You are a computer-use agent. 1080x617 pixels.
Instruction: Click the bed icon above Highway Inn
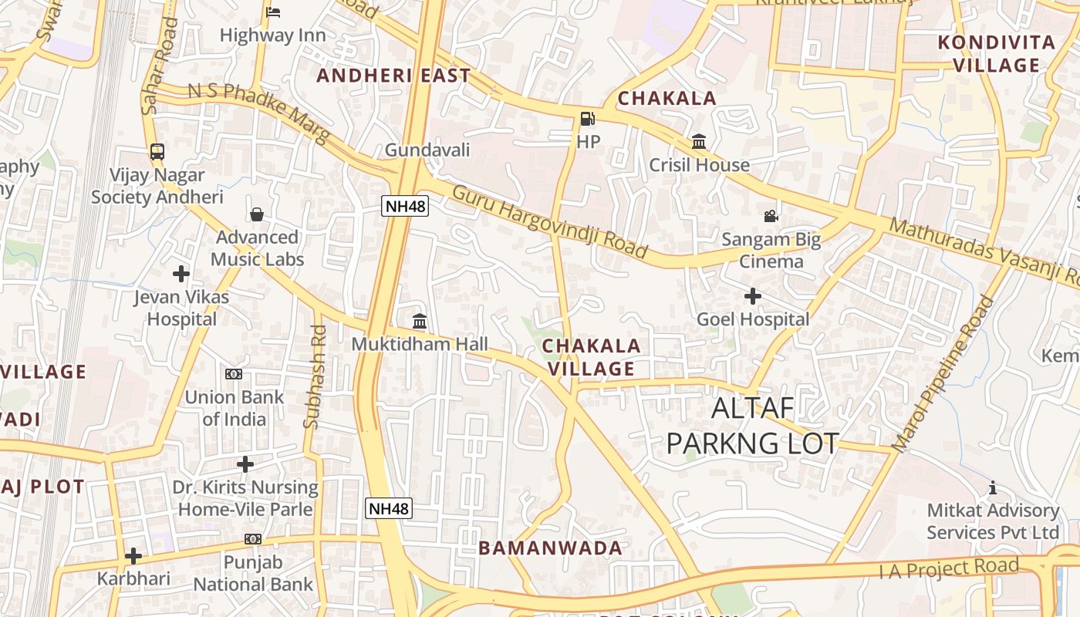[x=273, y=12]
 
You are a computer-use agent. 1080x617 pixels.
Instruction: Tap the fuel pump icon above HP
[x=588, y=119]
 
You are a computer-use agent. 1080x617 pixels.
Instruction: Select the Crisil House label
[x=699, y=165]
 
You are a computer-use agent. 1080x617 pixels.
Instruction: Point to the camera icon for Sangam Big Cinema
[x=771, y=216]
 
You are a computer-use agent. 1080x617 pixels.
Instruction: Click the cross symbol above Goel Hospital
[x=753, y=295]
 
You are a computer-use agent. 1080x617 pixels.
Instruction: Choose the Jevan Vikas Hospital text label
[x=181, y=308]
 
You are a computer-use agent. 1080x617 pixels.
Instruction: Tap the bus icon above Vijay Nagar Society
[x=157, y=151]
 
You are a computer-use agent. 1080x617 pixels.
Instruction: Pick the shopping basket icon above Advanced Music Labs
[x=257, y=214]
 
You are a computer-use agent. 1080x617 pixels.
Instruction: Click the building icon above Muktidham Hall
[x=420, y=321]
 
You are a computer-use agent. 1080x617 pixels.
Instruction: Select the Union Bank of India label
[x=234, y=408]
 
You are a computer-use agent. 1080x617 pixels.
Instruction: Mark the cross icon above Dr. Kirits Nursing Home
[x=245, y=464]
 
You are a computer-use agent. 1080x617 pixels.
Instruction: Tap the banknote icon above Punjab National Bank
[x=253, y=539]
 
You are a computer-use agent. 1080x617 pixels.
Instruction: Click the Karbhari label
[x=133, y=578]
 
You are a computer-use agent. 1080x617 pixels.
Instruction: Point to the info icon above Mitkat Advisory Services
[x=993, y=487]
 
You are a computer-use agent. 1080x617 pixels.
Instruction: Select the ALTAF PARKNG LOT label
[x=752, y=426]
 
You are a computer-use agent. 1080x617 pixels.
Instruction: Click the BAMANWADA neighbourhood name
[x=550, y=548]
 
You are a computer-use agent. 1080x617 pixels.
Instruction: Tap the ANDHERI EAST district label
[x=393, y=76]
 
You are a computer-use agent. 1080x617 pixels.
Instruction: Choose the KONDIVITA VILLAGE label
[x=996, y=54]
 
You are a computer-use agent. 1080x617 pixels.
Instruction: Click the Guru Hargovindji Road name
[x=549, y=221]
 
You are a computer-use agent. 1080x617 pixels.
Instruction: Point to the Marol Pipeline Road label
[x=943, y=374]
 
